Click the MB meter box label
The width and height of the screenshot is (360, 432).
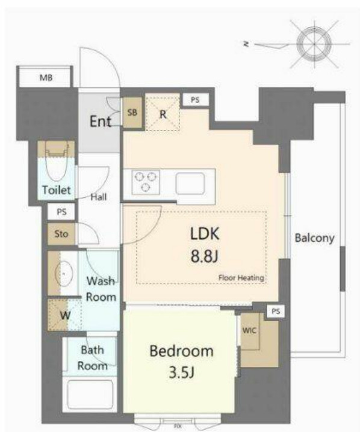(x=46, y=78)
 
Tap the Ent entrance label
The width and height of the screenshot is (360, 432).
(x=101, y=121)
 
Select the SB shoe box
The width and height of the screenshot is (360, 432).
(x=132, y=113)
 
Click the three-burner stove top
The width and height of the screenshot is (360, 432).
(x=146, y=182)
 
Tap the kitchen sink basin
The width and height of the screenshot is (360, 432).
(x=190, y=184)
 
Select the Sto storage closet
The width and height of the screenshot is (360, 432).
(x=61, y=234)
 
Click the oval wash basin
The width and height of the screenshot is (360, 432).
(x=64, y=274)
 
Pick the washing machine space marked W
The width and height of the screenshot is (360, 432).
(x=65, y=315)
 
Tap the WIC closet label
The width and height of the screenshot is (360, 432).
(x=249, y=330)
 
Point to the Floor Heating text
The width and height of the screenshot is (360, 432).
(x=241, y=278)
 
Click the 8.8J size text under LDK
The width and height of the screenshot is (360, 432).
(x=204, y=256)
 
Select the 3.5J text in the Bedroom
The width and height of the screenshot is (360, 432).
(x=182, y=373)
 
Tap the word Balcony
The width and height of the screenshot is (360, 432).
(x=314, y=238)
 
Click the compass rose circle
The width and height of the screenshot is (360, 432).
(x=314, y=44)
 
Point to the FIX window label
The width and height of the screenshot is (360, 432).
(x=178, y=426)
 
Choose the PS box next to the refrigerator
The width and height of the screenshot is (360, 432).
(x=195, y=100)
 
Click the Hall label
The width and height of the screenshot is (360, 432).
(x=99, y=197)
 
